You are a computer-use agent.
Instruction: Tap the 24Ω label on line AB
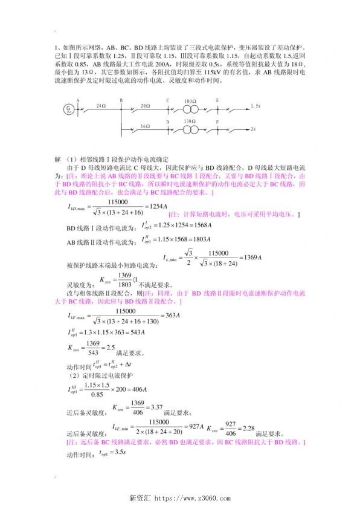100,105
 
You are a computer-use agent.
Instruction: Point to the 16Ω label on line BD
144,125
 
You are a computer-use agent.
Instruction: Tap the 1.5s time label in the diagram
256,105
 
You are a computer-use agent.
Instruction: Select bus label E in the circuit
217,99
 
